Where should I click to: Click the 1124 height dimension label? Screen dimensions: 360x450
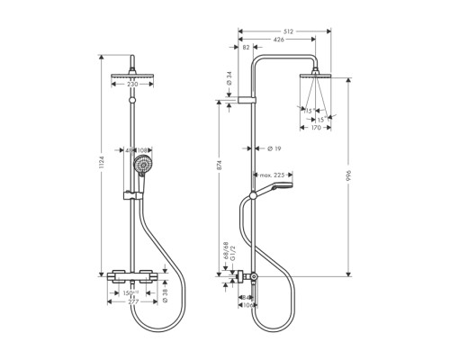(x=102, y=164)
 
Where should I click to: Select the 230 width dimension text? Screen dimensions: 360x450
(x=133, y=84)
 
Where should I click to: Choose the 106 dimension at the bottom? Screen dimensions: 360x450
(x=247, y=305)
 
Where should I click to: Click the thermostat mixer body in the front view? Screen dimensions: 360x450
(x=131, y=275)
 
